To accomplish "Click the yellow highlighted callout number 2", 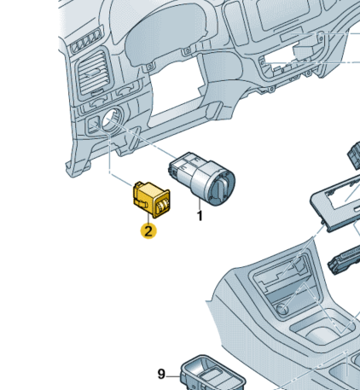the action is coord(148,231).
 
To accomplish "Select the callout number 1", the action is coord(200,216).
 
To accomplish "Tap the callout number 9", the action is coord(161,374).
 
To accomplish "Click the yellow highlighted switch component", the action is coord(151,200).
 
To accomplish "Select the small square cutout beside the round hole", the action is coord(93,125).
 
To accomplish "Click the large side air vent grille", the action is coord(93,72).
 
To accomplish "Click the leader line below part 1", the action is coord(200,204).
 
